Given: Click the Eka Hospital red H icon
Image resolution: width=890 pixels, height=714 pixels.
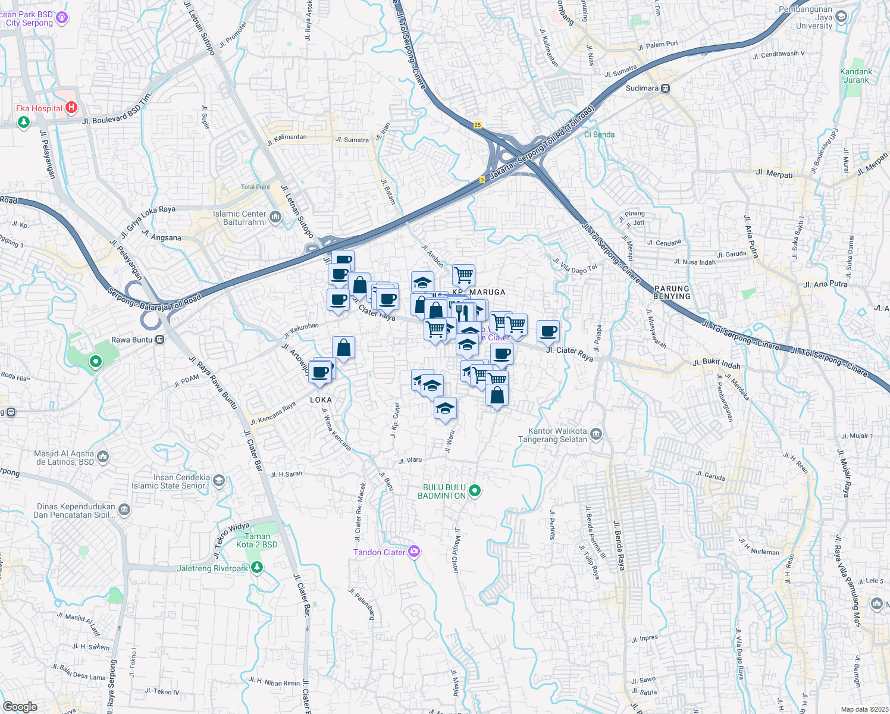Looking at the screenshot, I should pyautogui.click(x=71, y=108).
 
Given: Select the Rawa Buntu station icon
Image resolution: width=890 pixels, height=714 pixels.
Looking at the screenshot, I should pyautogui.click(x=159, y=340).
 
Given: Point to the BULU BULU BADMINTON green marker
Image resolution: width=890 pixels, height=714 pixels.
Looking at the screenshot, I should pyautogui.click(x=475, y=491).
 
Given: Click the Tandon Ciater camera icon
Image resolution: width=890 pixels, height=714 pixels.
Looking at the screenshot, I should pyautogui.click(x=414, y=552).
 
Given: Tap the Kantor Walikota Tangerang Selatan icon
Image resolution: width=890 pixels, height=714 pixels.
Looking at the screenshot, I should pyautogui.click(x=597, y=434).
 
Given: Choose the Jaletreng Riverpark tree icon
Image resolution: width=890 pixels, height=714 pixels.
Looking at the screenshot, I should pyautogui.click(x=256, y=568).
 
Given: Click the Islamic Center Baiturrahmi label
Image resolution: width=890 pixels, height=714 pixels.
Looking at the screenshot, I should pyautogui.click(x=240, y=218).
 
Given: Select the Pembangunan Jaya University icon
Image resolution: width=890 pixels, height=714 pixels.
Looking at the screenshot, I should pyautogui.click(x=841, y=17).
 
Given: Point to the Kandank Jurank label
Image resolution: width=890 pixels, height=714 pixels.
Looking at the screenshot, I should pyautogui.click(x=856, y=76).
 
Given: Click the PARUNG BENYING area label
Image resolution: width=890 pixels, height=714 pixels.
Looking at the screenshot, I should pyautogui.click(x=672, y=292).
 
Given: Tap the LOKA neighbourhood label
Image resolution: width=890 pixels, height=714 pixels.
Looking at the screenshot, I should pyautogui.click(x=321, y=400).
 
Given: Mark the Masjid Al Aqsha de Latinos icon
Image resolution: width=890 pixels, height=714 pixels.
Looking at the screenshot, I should pyautogui.click(x=103, y=457).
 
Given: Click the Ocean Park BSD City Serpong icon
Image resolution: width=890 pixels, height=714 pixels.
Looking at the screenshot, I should pyautogui.click(x=62, y=18).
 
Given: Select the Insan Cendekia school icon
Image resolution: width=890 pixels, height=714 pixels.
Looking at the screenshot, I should pyautogui.click(x=218, y=481).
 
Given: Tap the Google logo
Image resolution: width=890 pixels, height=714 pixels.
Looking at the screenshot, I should pyautogui.click(x=20, y=707).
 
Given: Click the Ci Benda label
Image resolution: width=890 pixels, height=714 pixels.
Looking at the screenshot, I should pyautogui.click(x=599, y=134).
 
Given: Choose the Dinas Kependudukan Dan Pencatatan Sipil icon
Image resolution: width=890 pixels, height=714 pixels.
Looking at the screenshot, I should pyautogui.click(x=124, y=509).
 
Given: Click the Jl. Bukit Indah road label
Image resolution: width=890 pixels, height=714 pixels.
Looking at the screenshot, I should pyautogui.click(x=716, y=364).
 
